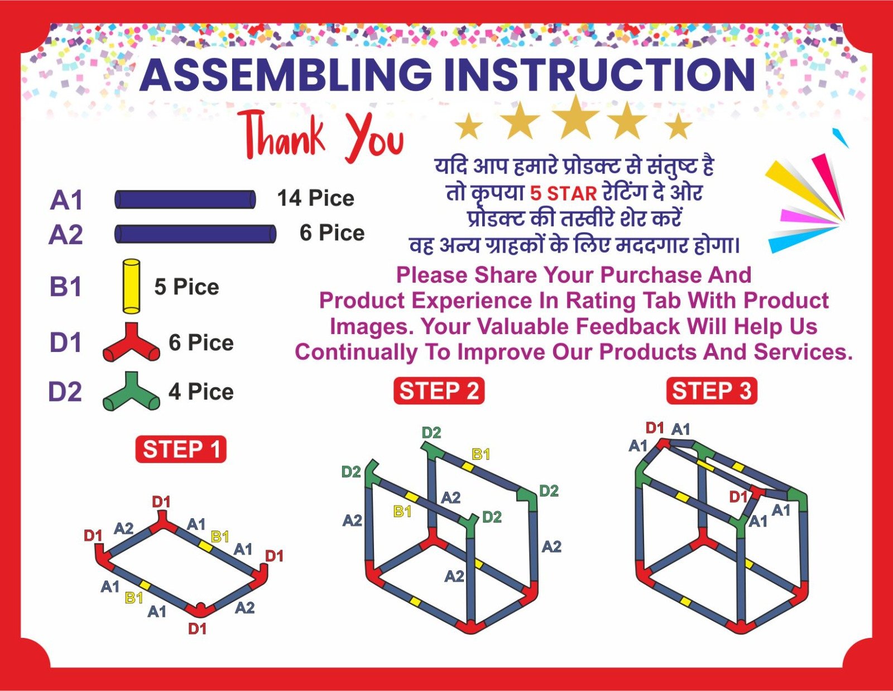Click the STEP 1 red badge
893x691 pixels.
pyautogui.click(x=180, y=449)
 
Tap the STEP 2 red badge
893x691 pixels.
pyautogui.click(x=439, y=390)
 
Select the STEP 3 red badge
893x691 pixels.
pyautogui.click(x=712, y=390)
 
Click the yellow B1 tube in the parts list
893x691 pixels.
pyautogui.click(x=131, y=286)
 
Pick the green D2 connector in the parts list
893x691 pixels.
pyautogui.click(x=131, y=391)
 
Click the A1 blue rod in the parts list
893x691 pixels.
pyautogui.click(x=185, y=199)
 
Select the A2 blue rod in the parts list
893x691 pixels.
pyautogui.click(x=195, y=233)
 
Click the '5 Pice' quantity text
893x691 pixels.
pyautogui.click(x=186, y=287)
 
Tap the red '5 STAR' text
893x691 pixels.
pyautogui.click(x=563, y=193)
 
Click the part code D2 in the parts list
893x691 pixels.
pyautogui.click(x=65, y=392)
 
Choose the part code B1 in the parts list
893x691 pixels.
pyautogui.click(x=65, y=287)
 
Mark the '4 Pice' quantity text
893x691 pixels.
pyautogui.click(x=201, y=392)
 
